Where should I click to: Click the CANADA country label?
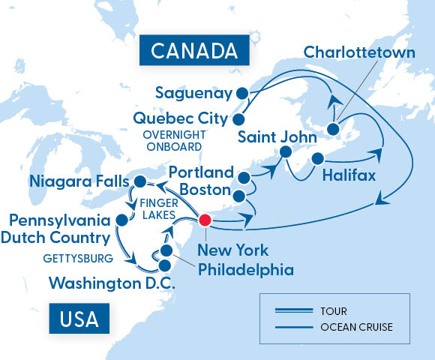(x=189, y=51)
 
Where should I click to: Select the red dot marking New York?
(x=204, y=220)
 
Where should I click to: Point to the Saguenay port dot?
(x=241, y=94)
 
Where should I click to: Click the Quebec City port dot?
(x=238, y=118)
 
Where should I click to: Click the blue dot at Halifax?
(x=317, y=159)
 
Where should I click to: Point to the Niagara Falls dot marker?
(x=139, y=181)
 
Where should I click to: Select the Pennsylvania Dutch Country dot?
(x=121, y=220)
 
